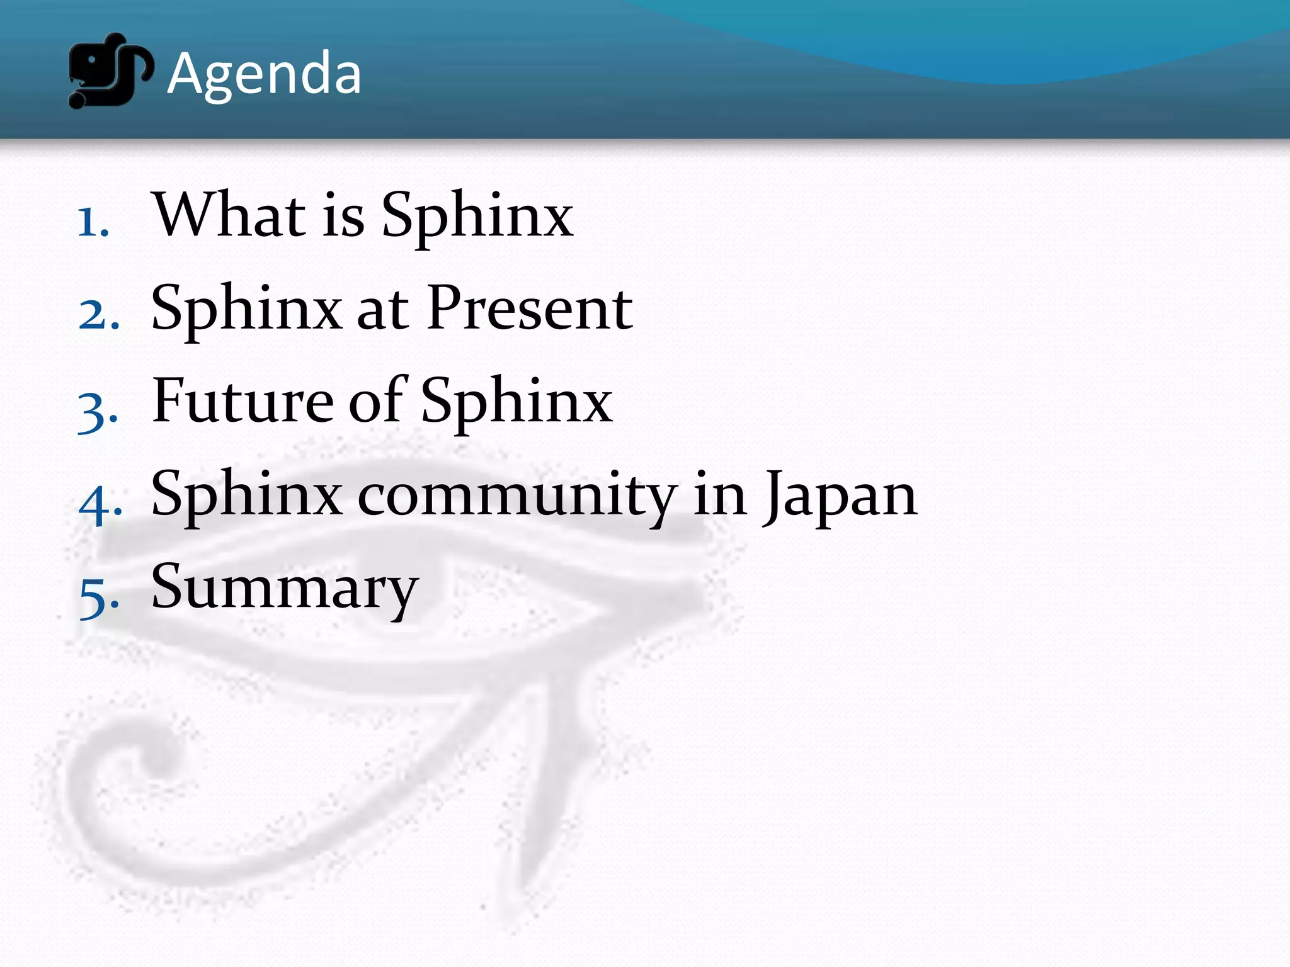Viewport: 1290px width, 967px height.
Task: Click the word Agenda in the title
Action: tap(264, 74)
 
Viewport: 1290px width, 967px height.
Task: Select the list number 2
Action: tap(98, 314)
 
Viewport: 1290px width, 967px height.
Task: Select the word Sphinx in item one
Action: tap(477, 216)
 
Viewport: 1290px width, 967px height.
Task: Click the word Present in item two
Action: tap(529, 308)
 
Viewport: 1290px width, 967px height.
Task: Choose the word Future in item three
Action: tap(243, 401)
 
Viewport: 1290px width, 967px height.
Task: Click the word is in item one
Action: tap(343, 216)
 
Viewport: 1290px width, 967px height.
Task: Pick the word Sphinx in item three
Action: tap(517, 402)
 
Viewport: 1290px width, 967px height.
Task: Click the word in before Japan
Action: tap(720, 495)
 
